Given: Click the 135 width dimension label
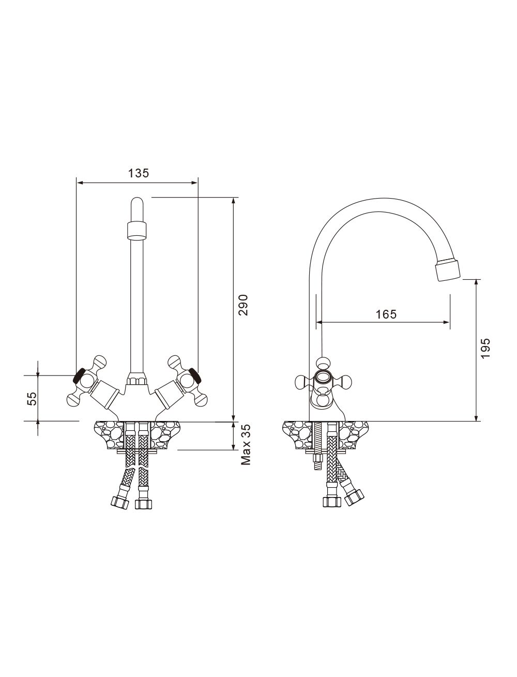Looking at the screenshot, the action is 139,173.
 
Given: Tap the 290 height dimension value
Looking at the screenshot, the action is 243,305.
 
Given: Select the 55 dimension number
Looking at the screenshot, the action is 32,398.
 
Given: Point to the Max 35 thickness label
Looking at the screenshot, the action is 246,444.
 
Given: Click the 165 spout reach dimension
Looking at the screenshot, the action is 386,314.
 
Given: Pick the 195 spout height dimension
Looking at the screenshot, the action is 485,348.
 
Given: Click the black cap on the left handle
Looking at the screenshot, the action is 79,375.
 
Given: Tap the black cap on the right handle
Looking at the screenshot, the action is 195,375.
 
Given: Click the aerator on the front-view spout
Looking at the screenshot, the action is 136,230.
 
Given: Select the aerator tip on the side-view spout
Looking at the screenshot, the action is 448,270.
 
